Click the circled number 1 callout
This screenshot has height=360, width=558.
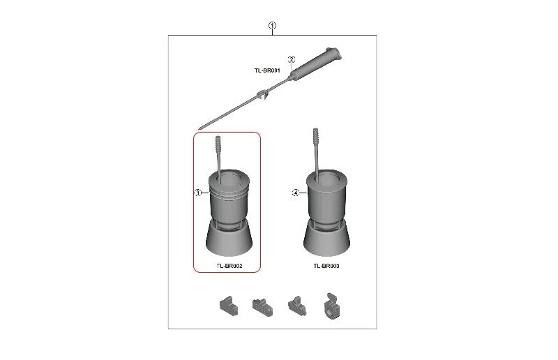click(x=272, y=26)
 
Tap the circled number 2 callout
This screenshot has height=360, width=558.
click(x=292, y=59)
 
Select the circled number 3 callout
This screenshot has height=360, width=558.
click(x=198, y=193)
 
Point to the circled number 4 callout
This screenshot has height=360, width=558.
click(x=296, y=193)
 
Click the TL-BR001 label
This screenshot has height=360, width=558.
click(x=267, y=70)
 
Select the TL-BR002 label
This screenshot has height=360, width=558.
click(x=229, y=266)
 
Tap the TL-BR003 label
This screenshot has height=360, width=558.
click(x=326, y=266)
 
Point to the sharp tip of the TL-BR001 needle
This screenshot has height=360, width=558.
click(x=199, y=129)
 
